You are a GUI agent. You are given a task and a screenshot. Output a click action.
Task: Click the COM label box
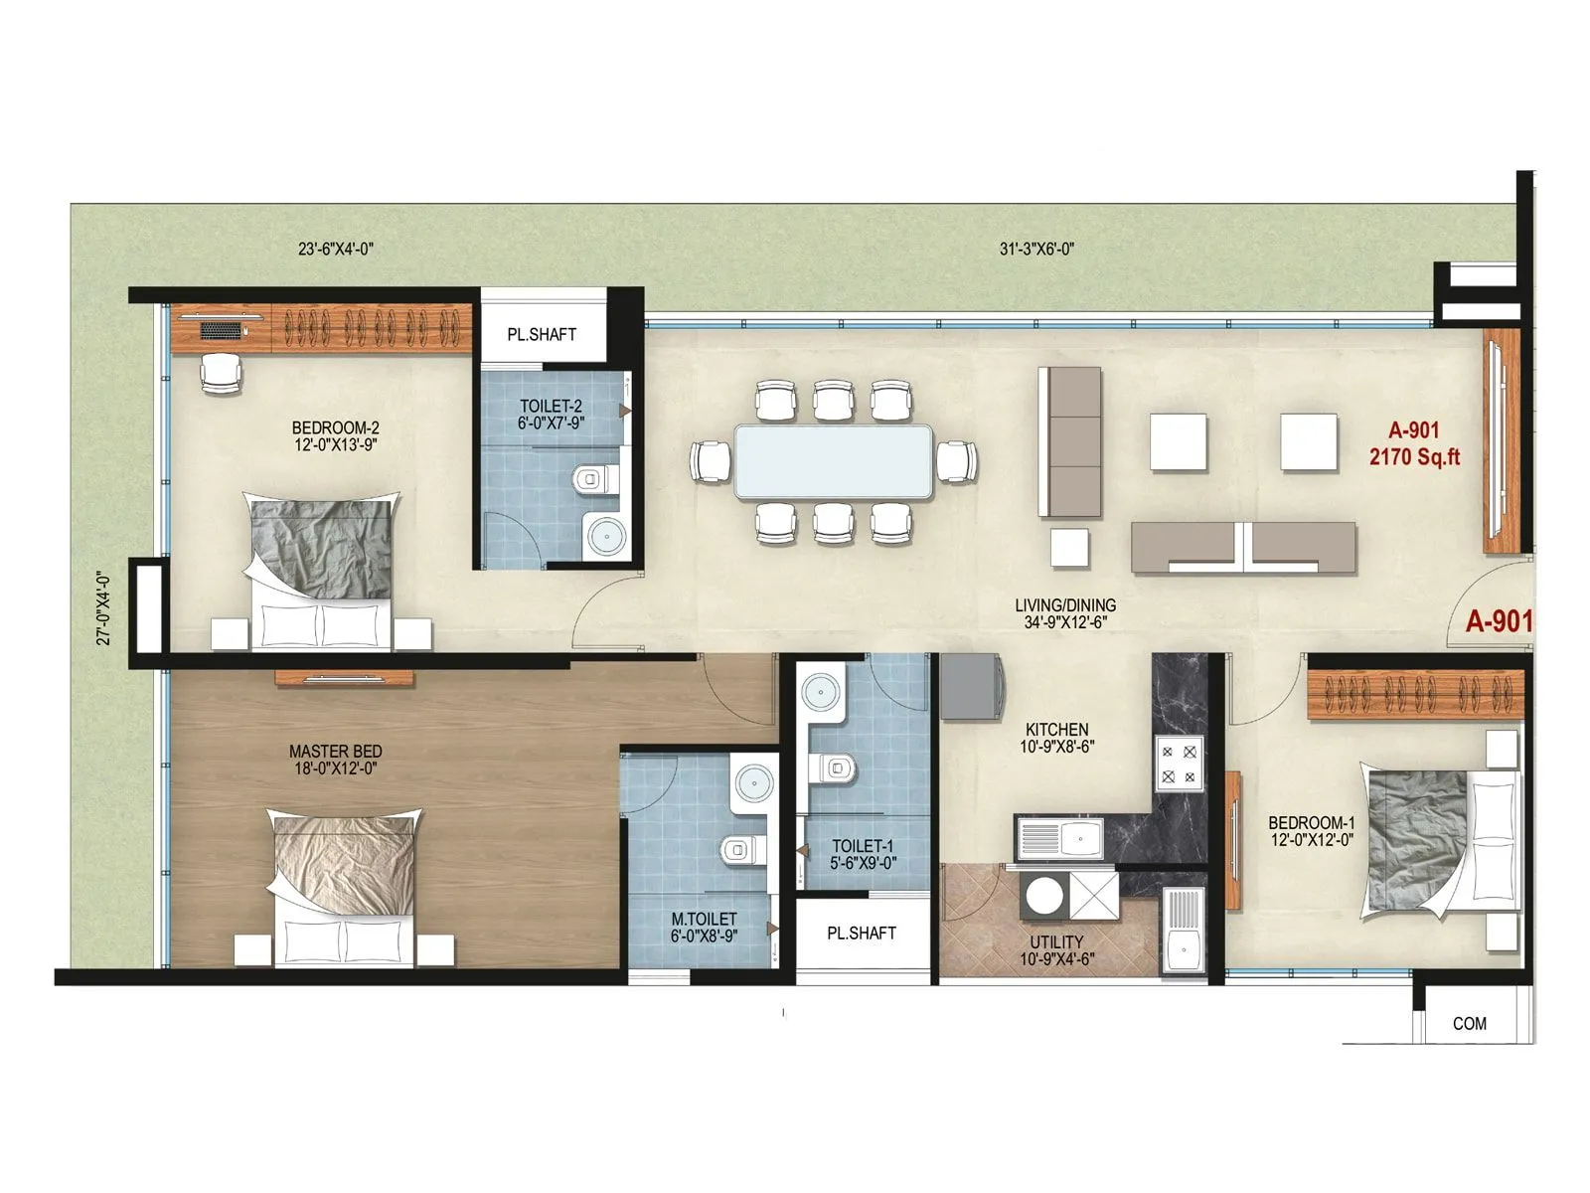[1469, 1023]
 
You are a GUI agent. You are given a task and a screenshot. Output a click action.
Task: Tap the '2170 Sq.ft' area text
[1414, 457]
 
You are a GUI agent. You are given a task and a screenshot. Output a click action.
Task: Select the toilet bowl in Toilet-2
[591, 480]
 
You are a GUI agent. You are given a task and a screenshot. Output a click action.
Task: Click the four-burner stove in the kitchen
[1180, 764]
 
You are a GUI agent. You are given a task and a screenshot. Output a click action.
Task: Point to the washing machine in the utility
[1045, 895]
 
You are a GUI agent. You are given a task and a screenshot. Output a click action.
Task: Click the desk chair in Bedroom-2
[221, 373]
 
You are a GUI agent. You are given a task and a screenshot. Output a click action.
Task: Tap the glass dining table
[833, 460]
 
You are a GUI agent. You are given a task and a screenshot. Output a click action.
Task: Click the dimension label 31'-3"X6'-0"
[1036, 249]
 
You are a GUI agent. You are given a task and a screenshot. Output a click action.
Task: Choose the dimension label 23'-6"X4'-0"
[335, 249]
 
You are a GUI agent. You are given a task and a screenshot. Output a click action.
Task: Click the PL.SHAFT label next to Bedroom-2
[542, 335]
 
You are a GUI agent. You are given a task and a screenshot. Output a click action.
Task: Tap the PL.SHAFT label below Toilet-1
[861, 934]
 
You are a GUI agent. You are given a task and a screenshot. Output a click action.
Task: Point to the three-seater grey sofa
[1069, 441]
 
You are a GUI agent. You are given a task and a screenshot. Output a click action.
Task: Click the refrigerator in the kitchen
[970, 686]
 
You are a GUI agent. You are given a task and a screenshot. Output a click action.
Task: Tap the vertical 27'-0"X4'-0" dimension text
[103, 607]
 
